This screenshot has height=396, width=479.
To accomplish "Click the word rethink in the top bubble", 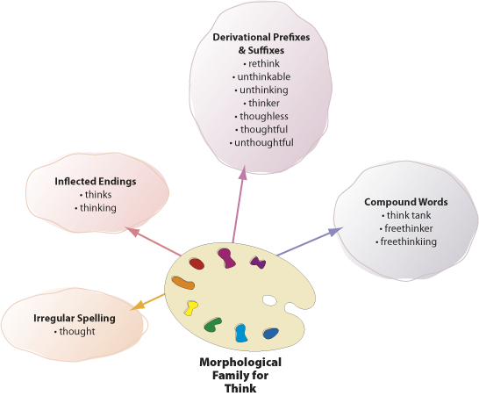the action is point(264,63).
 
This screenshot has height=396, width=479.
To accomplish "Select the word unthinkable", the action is point(264,76).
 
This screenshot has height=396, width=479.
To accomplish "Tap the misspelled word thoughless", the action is point(264,116).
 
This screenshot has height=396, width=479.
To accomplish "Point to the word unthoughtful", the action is point(264,142).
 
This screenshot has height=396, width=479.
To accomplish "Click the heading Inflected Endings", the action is point(96,182).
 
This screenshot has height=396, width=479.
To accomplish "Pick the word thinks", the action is point(98,194).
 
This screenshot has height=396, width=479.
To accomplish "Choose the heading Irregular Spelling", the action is point(75,319).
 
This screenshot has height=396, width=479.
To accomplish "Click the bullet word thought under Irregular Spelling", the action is point(77,331).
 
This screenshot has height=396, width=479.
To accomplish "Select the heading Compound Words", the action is point(406,202).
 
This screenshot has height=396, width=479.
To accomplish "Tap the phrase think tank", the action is point(409,215).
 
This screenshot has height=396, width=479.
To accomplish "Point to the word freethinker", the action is point(409,228).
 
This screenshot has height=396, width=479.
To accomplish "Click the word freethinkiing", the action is point(409,241).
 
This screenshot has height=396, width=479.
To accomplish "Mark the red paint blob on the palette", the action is point(197,264).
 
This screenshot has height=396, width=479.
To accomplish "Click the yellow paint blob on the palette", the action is point(190,307).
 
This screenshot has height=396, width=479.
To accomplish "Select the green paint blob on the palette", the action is point(212,325).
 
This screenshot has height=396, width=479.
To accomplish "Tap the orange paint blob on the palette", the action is point(183,283).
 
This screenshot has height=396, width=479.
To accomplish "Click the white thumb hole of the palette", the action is point(269,300).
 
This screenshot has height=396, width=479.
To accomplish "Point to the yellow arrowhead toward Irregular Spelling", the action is point(136,306).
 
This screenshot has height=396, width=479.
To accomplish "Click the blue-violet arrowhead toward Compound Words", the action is point(336,232).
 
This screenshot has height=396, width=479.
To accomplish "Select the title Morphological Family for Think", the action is point(240,375).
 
